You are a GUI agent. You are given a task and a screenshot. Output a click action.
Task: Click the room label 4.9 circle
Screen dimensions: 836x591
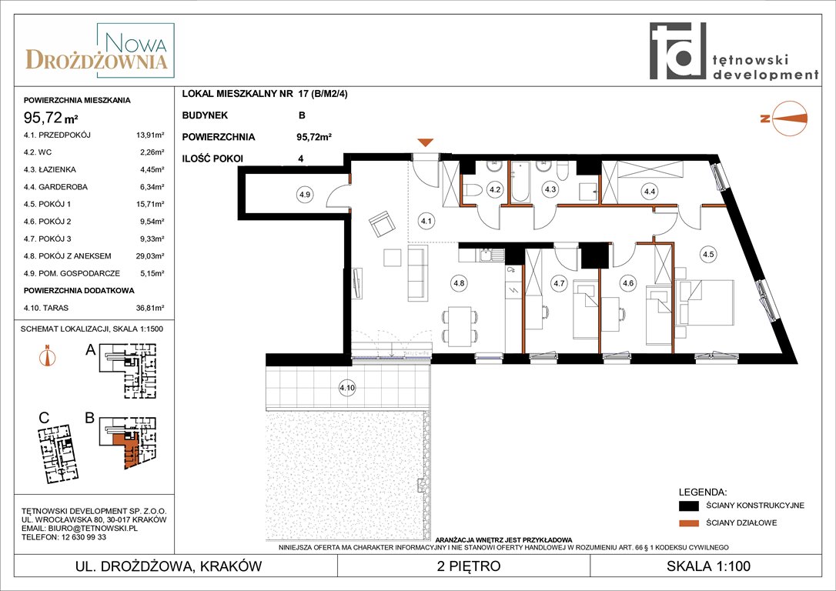pyautogui.click(x=304, y=195)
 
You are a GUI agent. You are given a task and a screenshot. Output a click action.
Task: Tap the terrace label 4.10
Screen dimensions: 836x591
pyautogui.click(x=347, y=388)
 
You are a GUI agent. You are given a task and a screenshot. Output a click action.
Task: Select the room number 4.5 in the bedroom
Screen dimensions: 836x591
pyautogui.click(x=708, y=254)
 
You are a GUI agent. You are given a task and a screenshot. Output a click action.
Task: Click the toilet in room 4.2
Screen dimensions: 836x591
pyautogui.click(x=473, y=190)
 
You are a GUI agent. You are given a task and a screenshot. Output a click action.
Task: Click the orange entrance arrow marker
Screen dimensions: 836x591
pyautogui.click(x=425, y=142)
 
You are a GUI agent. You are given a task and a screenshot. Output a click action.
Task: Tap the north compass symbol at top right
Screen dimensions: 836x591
pyautogui.click(x=784, y=119)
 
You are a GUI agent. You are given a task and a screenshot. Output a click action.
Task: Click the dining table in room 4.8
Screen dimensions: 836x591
pyautogui.click(x=460, y=326)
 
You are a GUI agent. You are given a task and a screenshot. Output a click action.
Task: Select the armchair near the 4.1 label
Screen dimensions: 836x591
pyautogui.click(x=382, y=224)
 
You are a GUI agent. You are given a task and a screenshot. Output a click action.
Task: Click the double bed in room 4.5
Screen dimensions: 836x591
pyautogui.click(x=705, y=302)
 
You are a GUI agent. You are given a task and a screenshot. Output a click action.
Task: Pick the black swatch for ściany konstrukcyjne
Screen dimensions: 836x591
pyautogui.click(x=689, y=506)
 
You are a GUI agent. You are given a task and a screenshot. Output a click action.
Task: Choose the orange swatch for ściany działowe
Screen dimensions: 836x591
pyautogui.click(x=689, y=523)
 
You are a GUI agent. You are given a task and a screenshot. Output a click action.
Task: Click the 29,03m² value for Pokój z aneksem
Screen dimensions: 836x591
pyautogui.click(x=150, y=255)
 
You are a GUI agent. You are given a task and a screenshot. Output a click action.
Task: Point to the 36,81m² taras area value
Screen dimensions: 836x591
pyautogui.click(x=150, y=308)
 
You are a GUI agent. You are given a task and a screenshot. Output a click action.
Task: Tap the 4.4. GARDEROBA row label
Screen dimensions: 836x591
pyautogui.click(x=55, y=187)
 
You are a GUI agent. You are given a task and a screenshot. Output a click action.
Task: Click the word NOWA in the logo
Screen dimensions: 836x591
pyautogui.click(x=136, y=42)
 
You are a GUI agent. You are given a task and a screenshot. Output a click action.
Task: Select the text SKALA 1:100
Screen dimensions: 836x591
pyautogui.click(x=708, y=566)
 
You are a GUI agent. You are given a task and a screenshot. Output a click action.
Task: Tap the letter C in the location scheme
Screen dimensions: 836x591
pyautogui.click(x=44, y=418)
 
